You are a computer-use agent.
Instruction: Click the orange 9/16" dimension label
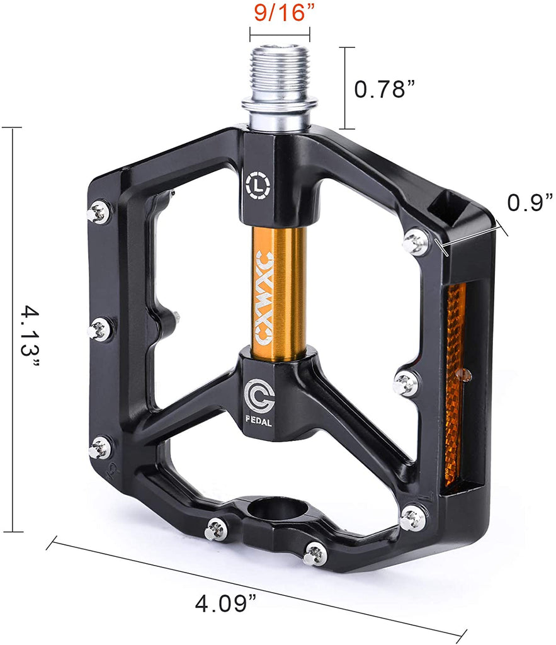[x=280, y=13]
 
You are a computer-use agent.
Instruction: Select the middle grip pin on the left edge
[x=100, y=329]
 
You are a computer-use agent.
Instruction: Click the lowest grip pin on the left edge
[x=99, y=448]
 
